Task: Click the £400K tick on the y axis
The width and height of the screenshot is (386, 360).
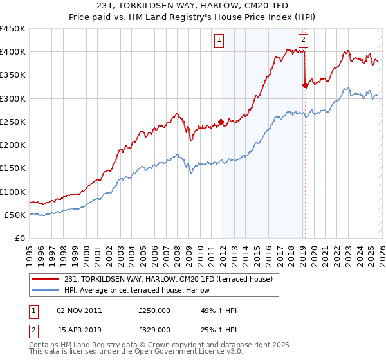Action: click(12, 52)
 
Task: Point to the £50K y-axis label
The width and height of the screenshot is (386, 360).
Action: click(15, 215)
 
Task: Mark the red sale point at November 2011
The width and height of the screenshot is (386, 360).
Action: click(221, 122)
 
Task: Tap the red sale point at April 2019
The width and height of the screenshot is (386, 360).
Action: click(305, 85)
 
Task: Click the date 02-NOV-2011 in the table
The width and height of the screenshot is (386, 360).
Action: click(79, 310)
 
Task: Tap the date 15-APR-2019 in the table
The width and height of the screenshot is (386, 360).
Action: click(79, 329)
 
